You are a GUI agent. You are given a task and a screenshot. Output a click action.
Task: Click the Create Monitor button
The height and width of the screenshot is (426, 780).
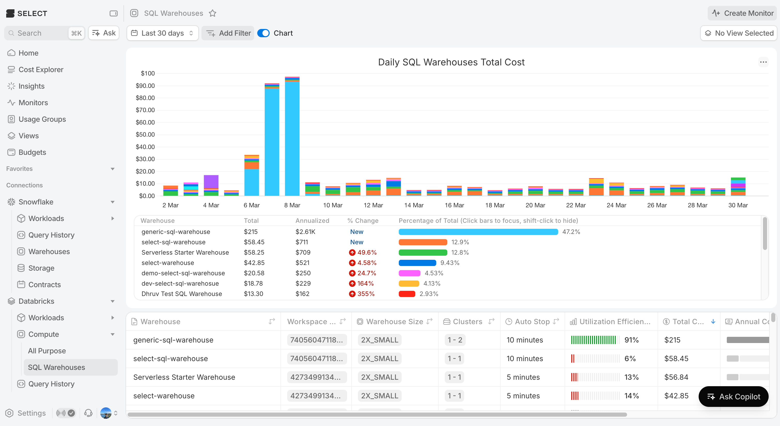click(743, 13)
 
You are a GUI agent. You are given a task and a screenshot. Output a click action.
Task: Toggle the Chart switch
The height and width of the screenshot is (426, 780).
click(263, 33)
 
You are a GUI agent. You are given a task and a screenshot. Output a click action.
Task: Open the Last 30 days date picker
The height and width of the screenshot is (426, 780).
click(162, 33)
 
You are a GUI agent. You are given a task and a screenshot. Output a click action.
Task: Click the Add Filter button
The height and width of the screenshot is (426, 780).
click(228, 33)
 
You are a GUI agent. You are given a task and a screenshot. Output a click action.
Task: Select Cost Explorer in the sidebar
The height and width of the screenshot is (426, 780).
click(41, 70)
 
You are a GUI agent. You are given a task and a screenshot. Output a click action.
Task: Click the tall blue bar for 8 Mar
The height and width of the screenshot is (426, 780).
click(292, 139)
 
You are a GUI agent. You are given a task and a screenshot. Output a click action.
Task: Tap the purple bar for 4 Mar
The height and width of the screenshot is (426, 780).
click(211, 182)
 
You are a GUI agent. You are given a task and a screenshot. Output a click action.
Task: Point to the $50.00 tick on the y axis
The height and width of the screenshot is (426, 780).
click(145, 134)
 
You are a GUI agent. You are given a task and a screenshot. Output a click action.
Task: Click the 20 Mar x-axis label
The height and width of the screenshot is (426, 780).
click(535, 205)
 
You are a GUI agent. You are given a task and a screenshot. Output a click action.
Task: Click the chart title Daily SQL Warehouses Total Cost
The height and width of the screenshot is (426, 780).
click(451, 62)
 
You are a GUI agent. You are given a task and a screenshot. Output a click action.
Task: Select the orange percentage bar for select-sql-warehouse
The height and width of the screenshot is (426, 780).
click(423, 242)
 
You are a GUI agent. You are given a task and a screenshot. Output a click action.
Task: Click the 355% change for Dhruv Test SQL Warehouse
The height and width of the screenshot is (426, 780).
click(365, 294)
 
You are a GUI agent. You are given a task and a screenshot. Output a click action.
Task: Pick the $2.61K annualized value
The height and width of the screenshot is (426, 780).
click(305, 232)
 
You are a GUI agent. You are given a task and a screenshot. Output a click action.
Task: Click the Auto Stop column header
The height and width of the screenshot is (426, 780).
click(532, 322)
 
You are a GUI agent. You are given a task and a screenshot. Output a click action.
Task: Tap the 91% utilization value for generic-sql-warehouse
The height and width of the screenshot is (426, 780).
click(631, 340)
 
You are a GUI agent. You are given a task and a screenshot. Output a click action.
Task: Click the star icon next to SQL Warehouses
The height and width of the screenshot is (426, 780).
click(213, 13)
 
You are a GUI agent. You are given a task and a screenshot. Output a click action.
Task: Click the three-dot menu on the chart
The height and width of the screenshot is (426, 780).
click(763, 62)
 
